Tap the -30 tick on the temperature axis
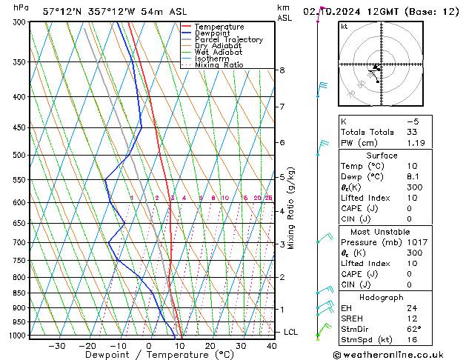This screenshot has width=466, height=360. point(57,346)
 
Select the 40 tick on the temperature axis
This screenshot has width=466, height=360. point(272,346)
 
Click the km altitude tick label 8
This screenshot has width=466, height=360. point(282,70)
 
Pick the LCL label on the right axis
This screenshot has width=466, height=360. point(291,332)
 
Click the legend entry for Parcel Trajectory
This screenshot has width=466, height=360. point(222,40)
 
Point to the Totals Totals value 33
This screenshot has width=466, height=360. point(413,132)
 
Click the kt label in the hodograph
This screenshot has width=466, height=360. point(344,26)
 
